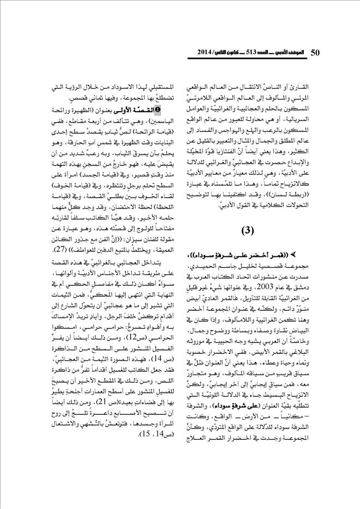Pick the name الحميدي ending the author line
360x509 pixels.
tap(197, 266)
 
